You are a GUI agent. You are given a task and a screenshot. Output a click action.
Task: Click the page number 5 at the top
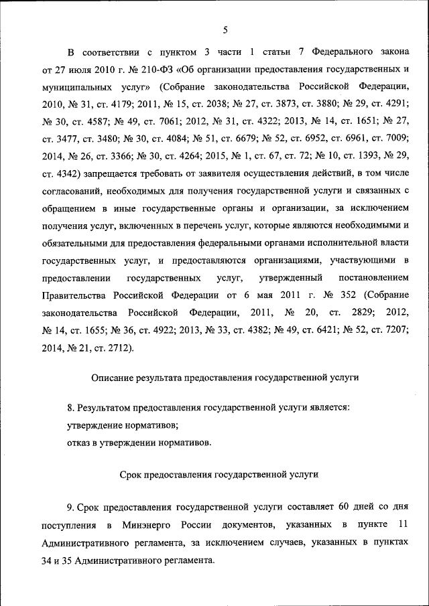pos(225,29)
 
